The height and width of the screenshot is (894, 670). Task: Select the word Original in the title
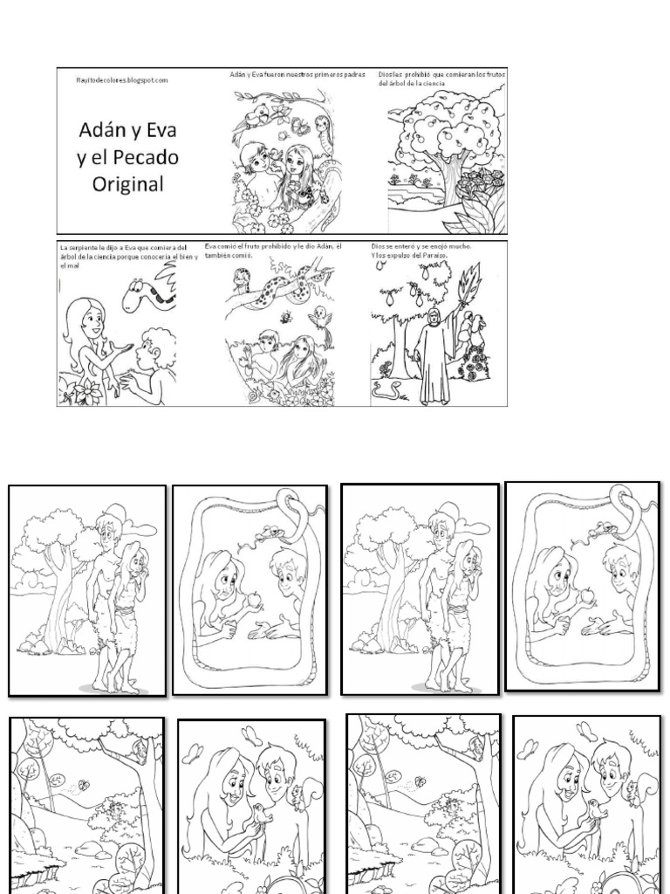pyautogui.click(x=127, y=184)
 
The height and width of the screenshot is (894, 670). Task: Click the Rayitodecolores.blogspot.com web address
pyautogui.click(x=121, y=79)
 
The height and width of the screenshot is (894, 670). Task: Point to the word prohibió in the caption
pyautogui.click(x=424, y=75)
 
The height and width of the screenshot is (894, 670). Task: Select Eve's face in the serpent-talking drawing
pyautogui.click(x=92, y=320)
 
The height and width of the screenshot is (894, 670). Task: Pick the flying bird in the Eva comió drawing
pyautogui.click(x=323, y=316)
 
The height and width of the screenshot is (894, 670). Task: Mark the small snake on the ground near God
pyautogui.click(x=385, y=390)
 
